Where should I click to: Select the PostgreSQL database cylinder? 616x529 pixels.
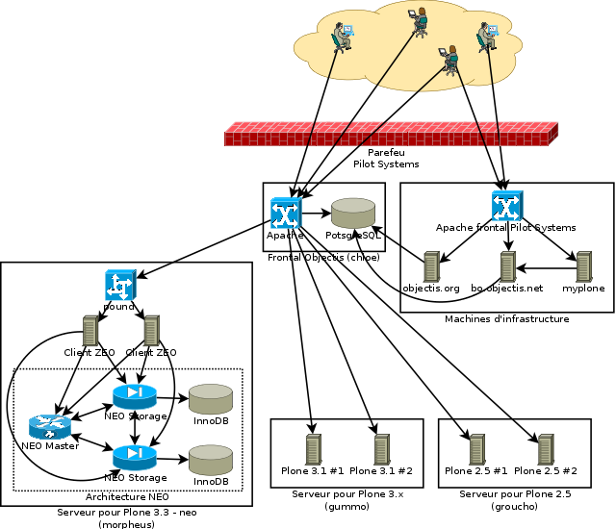pyautogui.click(x=353, y=214)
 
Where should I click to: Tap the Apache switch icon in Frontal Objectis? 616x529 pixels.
pyautogui.click(x=286, y=212)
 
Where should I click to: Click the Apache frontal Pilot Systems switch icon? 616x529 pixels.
pyautogui.click(x=506, y=205)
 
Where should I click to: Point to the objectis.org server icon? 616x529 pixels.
pyautogui.click(x=431, y=266)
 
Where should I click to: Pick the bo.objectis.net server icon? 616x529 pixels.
pyautogui.click(x=507, y=266)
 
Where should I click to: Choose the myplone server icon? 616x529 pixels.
pyautogui.click(x=582, y=266)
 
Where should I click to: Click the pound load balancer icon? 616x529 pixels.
pyautogui.click(x=120, y=285)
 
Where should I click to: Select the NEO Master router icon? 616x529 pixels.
pyautogui.click(x=45, y=426)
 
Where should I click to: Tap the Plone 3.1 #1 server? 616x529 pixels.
pyautogui.click(x=313, y=448)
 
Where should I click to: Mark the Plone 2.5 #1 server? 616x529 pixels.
pyautogui.click(x=476, y=448)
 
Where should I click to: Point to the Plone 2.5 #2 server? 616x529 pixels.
pyautogui.click(x=546, y=448)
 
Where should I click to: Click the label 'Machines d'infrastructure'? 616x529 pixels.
pyautogui.click(x=506, y=318)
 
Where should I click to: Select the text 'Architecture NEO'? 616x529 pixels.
pyautogui.click(x=127, y=496)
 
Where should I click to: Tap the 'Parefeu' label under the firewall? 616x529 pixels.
pyautogui.click(x=386, y=153)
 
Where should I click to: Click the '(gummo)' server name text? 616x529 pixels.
pyautogui.click(x=341, y=506)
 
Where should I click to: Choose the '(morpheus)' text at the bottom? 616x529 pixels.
pyautogui.click(x=126, y=524)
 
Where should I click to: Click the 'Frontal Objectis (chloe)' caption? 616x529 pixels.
pyautogui.click(x=321, y=258)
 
